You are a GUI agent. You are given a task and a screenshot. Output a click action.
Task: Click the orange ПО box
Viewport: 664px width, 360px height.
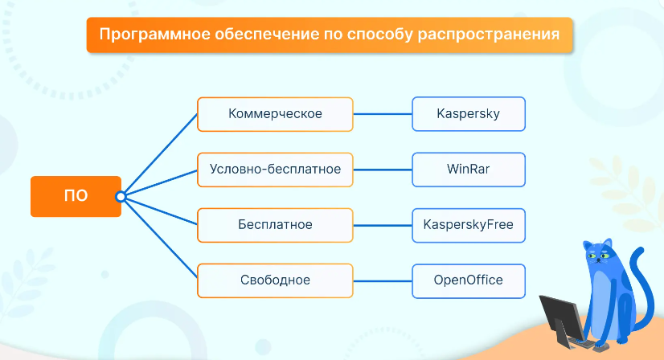point(76,197)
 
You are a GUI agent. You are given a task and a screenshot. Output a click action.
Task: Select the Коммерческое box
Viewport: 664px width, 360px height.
point(275,114)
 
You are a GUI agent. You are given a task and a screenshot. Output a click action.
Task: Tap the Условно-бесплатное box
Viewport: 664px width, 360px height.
point(275,170)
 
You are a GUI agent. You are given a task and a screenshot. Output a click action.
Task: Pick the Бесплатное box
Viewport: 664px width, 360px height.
point(275,225)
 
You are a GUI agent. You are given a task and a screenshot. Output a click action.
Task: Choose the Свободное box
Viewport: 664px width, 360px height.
point(275,280)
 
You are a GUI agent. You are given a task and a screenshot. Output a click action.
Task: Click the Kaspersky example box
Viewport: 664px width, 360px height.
point(469,114)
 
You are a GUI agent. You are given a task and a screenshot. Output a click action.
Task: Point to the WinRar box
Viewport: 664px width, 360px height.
point(469,170)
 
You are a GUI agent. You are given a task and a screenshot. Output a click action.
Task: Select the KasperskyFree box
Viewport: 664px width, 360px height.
point(469,225)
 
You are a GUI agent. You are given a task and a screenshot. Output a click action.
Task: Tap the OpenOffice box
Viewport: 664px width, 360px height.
point(469,281)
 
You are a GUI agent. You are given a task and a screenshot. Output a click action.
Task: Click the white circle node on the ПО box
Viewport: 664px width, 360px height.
point(121,197)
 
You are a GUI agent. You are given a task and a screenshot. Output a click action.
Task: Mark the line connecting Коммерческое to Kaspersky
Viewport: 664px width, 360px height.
point(383,114)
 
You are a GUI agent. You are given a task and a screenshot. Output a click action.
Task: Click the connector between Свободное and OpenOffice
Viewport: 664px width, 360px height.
point(383,280)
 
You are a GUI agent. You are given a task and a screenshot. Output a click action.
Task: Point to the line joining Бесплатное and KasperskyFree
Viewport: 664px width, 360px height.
point(383,225)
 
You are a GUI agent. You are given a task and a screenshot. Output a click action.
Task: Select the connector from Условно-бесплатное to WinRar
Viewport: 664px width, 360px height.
point(383,170)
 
